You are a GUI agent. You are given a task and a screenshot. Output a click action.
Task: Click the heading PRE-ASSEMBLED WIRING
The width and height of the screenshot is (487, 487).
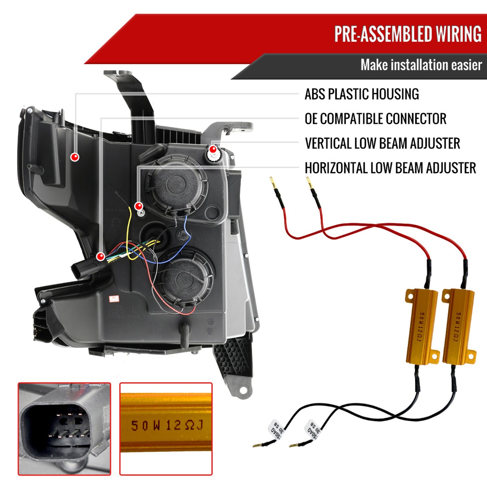tap(408, 34)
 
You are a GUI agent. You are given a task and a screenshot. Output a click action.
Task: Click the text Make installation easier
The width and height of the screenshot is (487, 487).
tap(421, 65)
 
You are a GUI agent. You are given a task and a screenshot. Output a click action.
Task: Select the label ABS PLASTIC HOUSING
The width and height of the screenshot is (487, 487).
tap(362, 94)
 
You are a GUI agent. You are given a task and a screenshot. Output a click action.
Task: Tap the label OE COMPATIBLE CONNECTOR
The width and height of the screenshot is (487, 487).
tap(375, 119)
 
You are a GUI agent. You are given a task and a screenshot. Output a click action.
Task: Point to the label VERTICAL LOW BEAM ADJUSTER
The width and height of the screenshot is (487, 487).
tap(382, 144)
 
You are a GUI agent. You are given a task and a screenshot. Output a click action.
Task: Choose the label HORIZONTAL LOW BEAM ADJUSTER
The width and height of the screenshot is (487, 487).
tap(390, 168)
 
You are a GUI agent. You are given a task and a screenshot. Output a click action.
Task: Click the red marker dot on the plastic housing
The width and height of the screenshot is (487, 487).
tap(75, 157)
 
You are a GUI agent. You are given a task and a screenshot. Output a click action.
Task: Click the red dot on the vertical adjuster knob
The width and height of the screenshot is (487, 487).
tap(213, 149)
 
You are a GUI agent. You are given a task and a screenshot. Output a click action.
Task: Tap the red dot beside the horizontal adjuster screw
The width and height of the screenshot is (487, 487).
tap(139, 206)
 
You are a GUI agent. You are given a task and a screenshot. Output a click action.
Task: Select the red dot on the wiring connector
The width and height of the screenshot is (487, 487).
tap(101, 256)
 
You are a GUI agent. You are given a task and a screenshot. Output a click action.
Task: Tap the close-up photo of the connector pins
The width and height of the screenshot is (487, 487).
tap(64, 429)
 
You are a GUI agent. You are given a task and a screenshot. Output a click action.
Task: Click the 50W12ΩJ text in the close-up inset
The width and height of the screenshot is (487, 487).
tap(167, 425)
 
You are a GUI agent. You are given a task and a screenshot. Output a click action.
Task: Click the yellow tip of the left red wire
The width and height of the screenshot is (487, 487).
tap(273, 182)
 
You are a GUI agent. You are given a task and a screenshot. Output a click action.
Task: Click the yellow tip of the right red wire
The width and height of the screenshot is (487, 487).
tap(309, 182)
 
